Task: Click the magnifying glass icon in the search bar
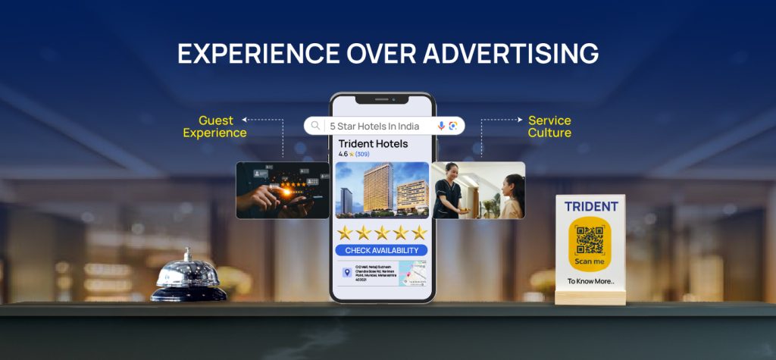315,126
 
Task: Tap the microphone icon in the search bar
441,126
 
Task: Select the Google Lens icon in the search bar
453,126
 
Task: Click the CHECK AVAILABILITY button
381,250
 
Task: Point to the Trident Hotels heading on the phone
373,143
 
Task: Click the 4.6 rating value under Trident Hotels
343,154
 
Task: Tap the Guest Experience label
215,127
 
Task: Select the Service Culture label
549,127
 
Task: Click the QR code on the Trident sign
590,239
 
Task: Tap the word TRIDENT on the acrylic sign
591,206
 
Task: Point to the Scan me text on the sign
590,262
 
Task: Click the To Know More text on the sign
591,282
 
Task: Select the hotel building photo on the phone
381,189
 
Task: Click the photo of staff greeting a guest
478,190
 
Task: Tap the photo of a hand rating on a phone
282,190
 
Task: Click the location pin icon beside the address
346,272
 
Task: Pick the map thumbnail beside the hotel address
412,273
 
